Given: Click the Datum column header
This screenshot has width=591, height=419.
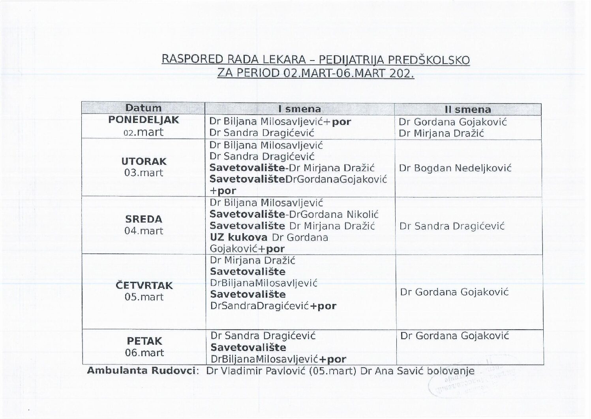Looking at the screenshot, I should click(143, 108).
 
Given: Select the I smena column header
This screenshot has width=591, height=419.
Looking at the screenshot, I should click(300, 109).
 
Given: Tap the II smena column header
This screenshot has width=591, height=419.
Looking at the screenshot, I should click(467, 109).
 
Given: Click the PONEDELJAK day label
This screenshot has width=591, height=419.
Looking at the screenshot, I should click(143, 120).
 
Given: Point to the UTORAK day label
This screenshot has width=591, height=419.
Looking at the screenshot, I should click(144, 161).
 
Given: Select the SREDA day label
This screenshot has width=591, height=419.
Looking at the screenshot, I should click(144, 219).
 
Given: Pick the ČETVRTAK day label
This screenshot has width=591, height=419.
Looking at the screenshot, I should click(144, 285).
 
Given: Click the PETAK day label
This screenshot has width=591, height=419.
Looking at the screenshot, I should click(144, 341).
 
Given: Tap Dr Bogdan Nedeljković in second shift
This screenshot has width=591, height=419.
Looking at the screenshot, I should click(455, 168).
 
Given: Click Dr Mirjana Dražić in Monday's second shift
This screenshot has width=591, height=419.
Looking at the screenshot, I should click(441, 133).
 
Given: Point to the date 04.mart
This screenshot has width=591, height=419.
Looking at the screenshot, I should click(144, 230).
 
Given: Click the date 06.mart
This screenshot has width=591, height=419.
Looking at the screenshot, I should click(144, 353).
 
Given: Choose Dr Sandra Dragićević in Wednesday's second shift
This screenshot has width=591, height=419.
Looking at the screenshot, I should click(452, 226).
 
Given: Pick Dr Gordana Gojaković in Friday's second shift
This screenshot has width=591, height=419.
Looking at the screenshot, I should click(454, 336).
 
